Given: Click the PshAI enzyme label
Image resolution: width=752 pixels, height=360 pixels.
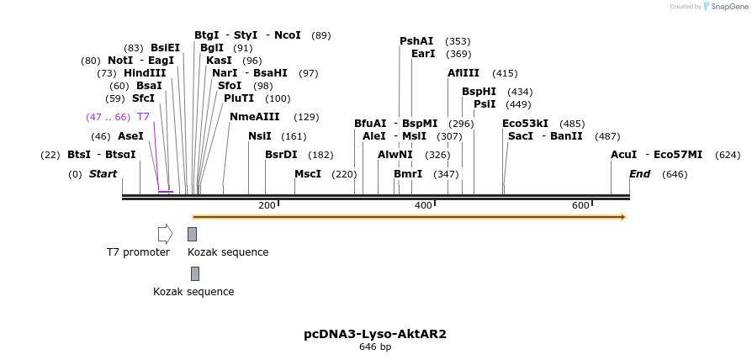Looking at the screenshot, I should click(x=416, y=41).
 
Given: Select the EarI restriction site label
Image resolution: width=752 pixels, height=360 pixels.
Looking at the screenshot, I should click(x=423, y=54).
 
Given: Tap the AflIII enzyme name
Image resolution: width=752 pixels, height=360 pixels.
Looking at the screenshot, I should click(x=463, y=73).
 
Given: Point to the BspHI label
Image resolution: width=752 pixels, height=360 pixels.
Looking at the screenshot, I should click(x=479, y=92).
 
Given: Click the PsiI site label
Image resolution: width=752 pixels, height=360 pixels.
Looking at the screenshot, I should click(x=485, y=104).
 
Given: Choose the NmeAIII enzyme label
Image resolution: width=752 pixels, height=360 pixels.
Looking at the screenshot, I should click(x=254, y=117).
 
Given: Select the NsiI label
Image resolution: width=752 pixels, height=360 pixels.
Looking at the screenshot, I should click(x=260, y=136).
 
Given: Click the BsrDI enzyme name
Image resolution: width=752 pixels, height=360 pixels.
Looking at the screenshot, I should click(x=281, y=155).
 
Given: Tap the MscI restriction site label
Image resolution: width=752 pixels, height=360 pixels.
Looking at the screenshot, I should click(x=308, y=174).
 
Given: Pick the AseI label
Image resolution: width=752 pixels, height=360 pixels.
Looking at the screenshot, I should click(x=130, y=136).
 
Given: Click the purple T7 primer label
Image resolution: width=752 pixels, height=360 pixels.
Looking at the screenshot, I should click(x=143, y=117).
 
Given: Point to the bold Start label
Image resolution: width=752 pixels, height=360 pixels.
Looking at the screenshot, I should click(x=103, y=174).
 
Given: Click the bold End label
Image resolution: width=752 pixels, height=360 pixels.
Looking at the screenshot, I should click(x=639, y=174).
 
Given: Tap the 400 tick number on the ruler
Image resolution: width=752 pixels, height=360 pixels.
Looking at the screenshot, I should click(x=423, y=206).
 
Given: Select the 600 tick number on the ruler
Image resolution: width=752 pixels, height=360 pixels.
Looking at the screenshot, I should click(x=580, y=206).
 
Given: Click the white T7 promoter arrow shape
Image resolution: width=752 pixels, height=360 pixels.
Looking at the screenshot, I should click(x=165, y=234).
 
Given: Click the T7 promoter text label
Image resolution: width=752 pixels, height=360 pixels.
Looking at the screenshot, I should click(x=138, y=252).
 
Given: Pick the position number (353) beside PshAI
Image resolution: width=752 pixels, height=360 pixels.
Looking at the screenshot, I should click(x=458, y=41).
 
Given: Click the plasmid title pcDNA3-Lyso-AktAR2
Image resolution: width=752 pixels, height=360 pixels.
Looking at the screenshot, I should click(x=375, y=334).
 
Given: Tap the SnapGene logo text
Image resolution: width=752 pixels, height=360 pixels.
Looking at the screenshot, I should click(x=729, y=7).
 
